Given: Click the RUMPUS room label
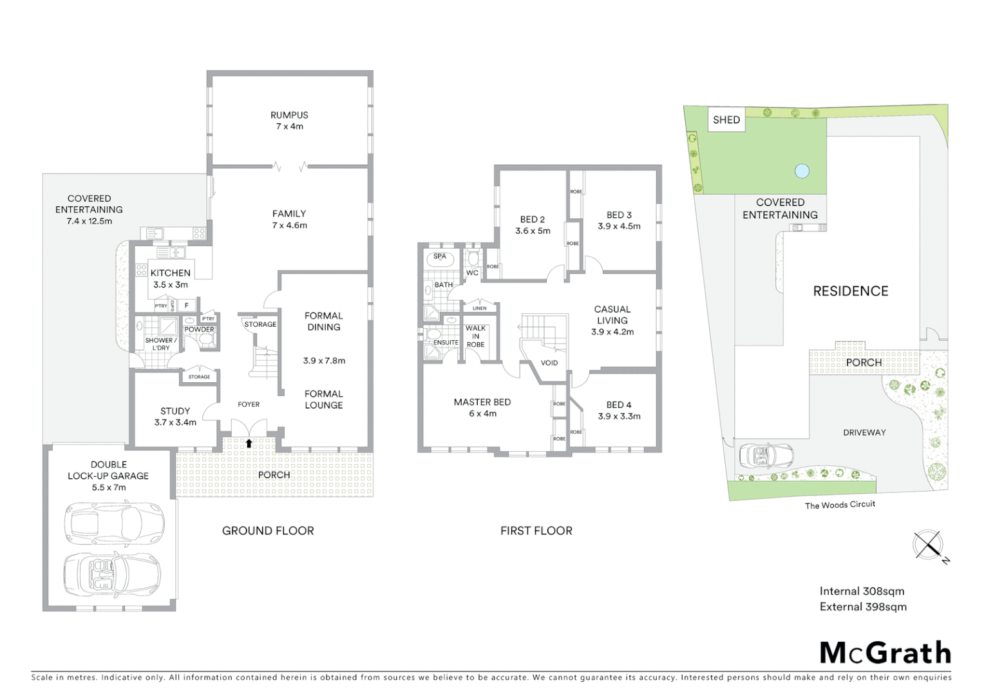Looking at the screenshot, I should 289,115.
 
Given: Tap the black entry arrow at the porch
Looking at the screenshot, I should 249,443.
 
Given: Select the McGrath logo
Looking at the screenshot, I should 885,653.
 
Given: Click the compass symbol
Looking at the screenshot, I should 929,546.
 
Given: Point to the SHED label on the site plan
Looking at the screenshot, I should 726,120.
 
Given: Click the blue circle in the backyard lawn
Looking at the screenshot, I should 802,171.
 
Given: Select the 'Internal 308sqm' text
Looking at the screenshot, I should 862,591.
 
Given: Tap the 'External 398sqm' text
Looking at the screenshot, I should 863,606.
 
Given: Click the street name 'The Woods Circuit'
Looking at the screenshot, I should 840,505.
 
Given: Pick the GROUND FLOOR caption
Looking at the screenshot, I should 268,531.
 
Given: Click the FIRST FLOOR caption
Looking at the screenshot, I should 536,531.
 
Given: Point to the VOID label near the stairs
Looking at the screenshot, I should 549,363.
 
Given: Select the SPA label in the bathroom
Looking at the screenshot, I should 440,256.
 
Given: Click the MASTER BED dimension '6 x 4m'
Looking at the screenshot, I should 482,414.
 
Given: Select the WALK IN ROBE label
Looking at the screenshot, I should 476,336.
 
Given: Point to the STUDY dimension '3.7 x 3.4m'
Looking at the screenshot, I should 175,422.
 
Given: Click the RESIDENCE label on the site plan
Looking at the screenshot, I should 850,291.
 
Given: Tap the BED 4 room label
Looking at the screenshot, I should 618,405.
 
